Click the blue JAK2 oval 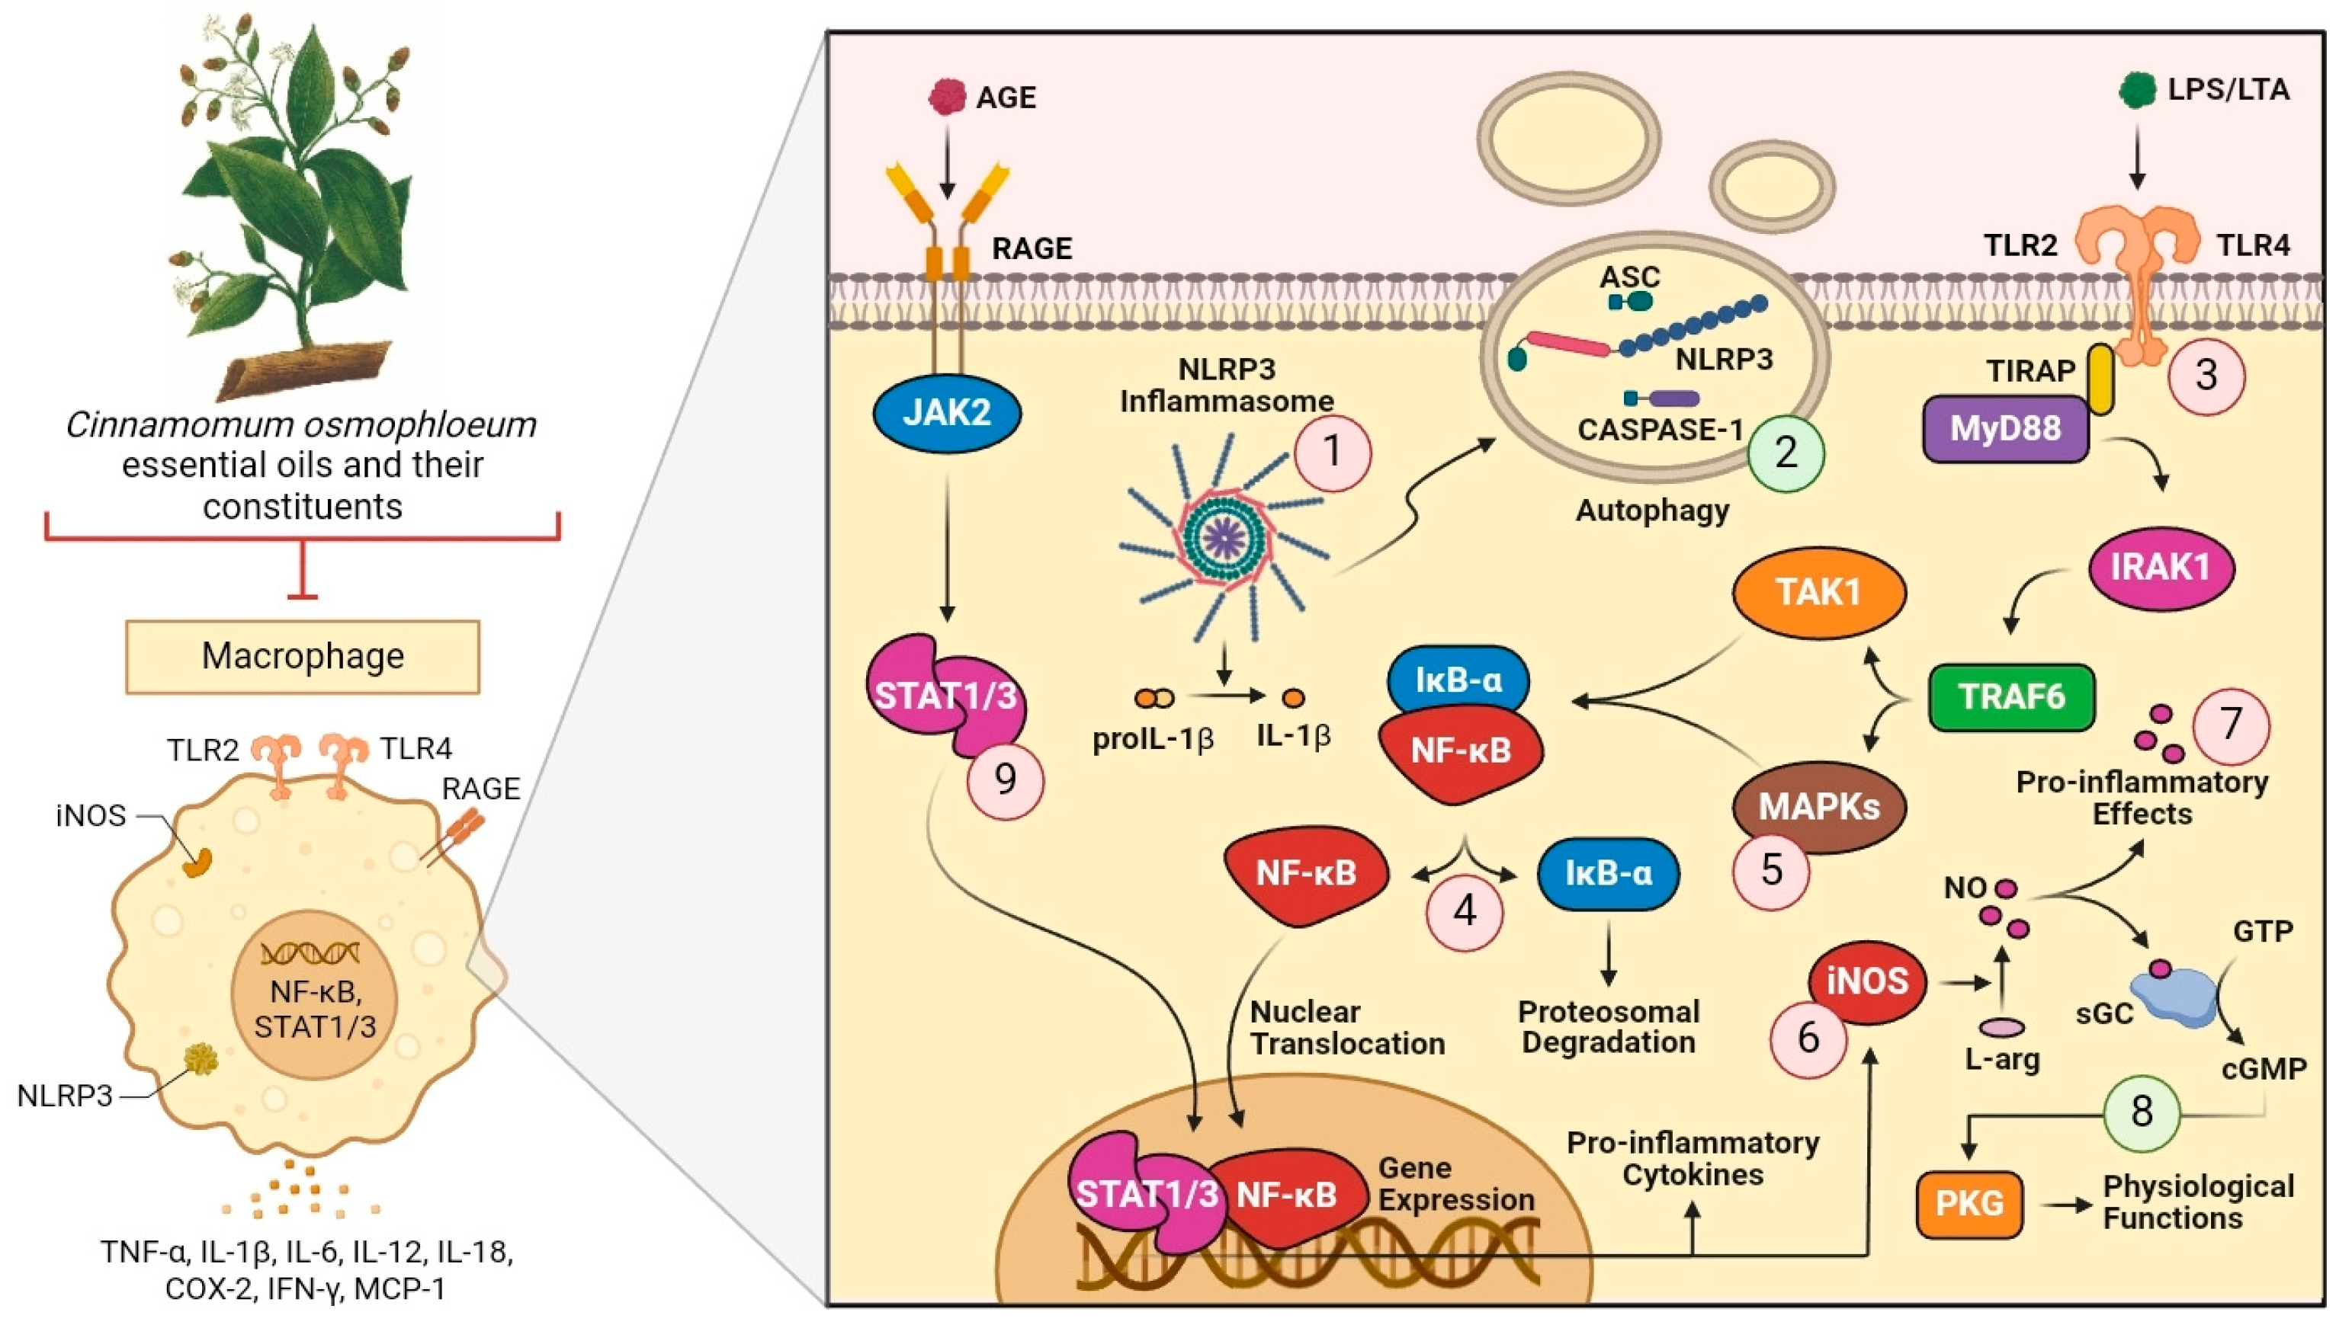tap(946, 414)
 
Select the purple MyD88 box tap(2004, 428)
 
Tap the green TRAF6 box tap(2011, 697)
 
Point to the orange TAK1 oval tap(1818, 592)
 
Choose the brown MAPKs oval tap(1818, 807)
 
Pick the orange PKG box tap(1969, 1204)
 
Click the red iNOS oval tap(1867, 982)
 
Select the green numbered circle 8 tap(2141, 1112)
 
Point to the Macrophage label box tap(302, 657)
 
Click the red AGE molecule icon tap(947, 96)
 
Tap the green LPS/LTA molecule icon tap(2137, 89)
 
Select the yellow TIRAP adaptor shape tap(2100, 379)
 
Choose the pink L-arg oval tap(2002, 1027)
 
